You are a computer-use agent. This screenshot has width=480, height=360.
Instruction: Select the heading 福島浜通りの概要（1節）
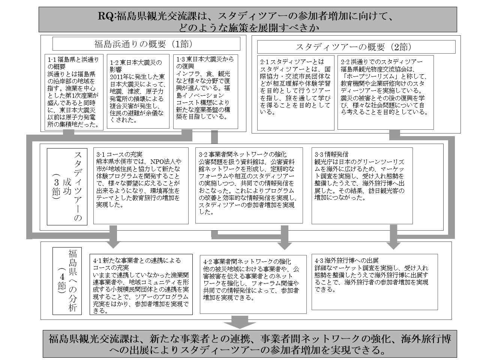146,44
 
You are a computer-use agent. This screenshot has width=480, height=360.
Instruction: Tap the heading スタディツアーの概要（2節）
356,47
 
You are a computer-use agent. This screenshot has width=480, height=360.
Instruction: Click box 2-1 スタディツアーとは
296,92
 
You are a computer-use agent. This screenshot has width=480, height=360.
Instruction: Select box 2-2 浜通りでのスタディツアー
385,92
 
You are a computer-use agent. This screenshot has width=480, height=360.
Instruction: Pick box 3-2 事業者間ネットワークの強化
249,185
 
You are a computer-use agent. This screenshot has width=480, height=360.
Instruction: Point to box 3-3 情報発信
362,185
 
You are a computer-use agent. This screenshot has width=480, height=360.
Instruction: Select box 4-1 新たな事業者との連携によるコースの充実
141,285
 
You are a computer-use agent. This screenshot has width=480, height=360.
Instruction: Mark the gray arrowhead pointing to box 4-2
285,244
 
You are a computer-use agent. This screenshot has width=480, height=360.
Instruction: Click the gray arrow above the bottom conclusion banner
240,323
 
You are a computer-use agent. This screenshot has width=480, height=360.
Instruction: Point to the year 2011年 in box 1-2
120,76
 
